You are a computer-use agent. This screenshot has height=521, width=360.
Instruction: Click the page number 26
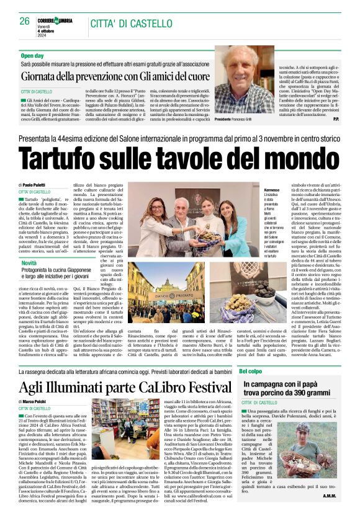[x=24, y=20]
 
